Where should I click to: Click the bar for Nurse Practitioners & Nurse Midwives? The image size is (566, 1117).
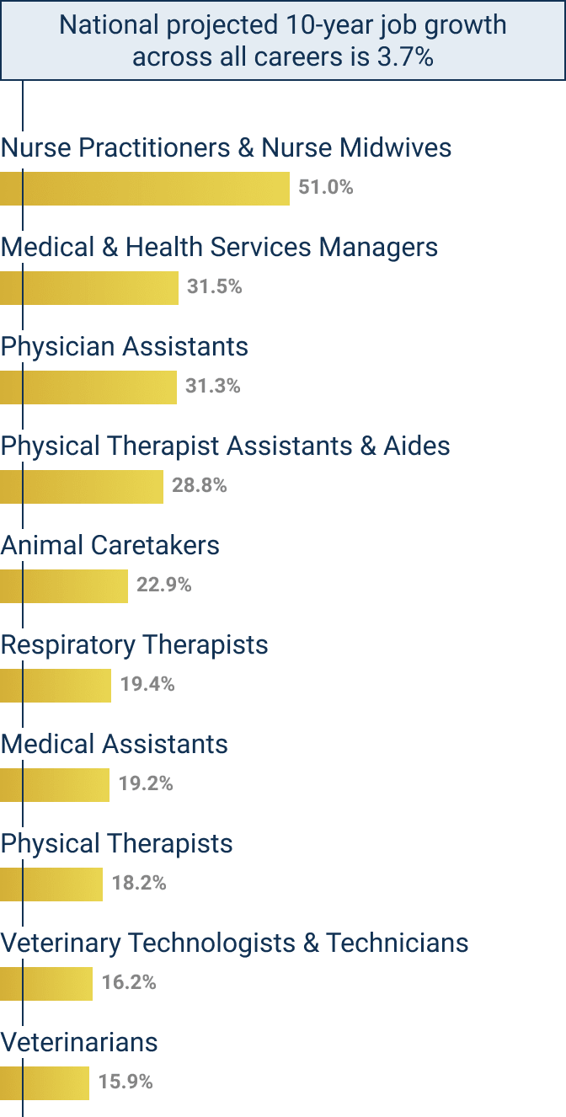coord(145,188)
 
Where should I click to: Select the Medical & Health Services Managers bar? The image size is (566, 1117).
coord(89,287)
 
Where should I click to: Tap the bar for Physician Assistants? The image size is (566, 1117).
coord(88,387)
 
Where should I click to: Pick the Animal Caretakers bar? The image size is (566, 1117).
coord(64,585)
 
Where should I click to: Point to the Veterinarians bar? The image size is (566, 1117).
coord(45,1082)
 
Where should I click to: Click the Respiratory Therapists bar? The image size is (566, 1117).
coord(56,685)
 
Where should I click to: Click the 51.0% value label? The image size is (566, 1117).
coord(326,187)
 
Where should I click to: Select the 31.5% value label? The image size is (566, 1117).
coord(215,286)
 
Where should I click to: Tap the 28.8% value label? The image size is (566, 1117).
coord(200,485)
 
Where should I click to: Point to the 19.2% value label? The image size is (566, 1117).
coord(146,783)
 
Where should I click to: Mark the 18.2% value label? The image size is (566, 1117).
coord(139,883)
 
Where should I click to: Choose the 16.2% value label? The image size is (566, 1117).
coord(129,982)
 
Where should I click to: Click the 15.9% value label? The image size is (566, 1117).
coord(125,1082)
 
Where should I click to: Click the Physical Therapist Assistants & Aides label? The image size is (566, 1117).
coord(225,446)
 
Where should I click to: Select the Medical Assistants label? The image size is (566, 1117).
coord(114,744)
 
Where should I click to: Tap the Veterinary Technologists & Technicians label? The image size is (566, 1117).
coord(234,943)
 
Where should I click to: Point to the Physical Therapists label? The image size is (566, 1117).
coord(116,843)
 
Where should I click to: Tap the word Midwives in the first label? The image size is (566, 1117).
coord(396,148)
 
